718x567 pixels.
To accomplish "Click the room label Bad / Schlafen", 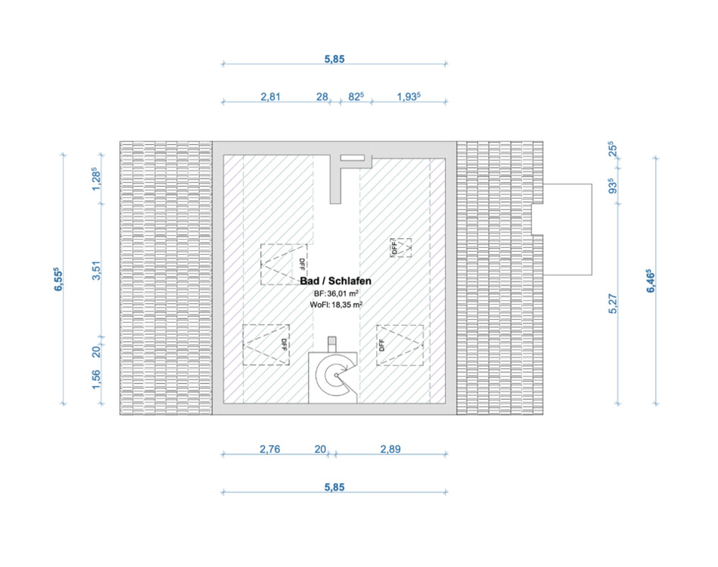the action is (x=335, y=280).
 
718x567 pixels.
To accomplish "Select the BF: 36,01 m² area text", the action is (x=335, y=293).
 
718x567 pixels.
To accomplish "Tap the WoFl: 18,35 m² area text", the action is (x=335, y=305).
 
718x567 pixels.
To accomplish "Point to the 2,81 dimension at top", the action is (x=271, y=97).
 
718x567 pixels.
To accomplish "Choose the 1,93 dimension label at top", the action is (x=408, y=97).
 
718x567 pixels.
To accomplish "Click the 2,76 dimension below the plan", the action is (x=270, y=449).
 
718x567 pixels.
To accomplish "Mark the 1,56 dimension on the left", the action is (x=96, y=379).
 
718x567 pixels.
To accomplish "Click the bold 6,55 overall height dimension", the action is (x=58, y=278).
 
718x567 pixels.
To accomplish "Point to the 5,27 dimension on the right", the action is (x=614, y=304).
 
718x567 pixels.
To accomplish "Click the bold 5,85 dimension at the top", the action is (x=334, y=59).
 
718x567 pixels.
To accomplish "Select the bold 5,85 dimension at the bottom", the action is (x=334, y=488).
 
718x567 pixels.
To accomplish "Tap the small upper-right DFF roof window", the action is (x=402, y=247).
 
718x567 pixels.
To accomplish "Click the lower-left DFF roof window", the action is (x=266, y=345).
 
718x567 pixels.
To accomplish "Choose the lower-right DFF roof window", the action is (x=400, y=345).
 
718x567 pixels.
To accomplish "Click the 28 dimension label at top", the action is (x=322, y=97).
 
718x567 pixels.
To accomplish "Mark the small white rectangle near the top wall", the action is (x=352, y=158).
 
